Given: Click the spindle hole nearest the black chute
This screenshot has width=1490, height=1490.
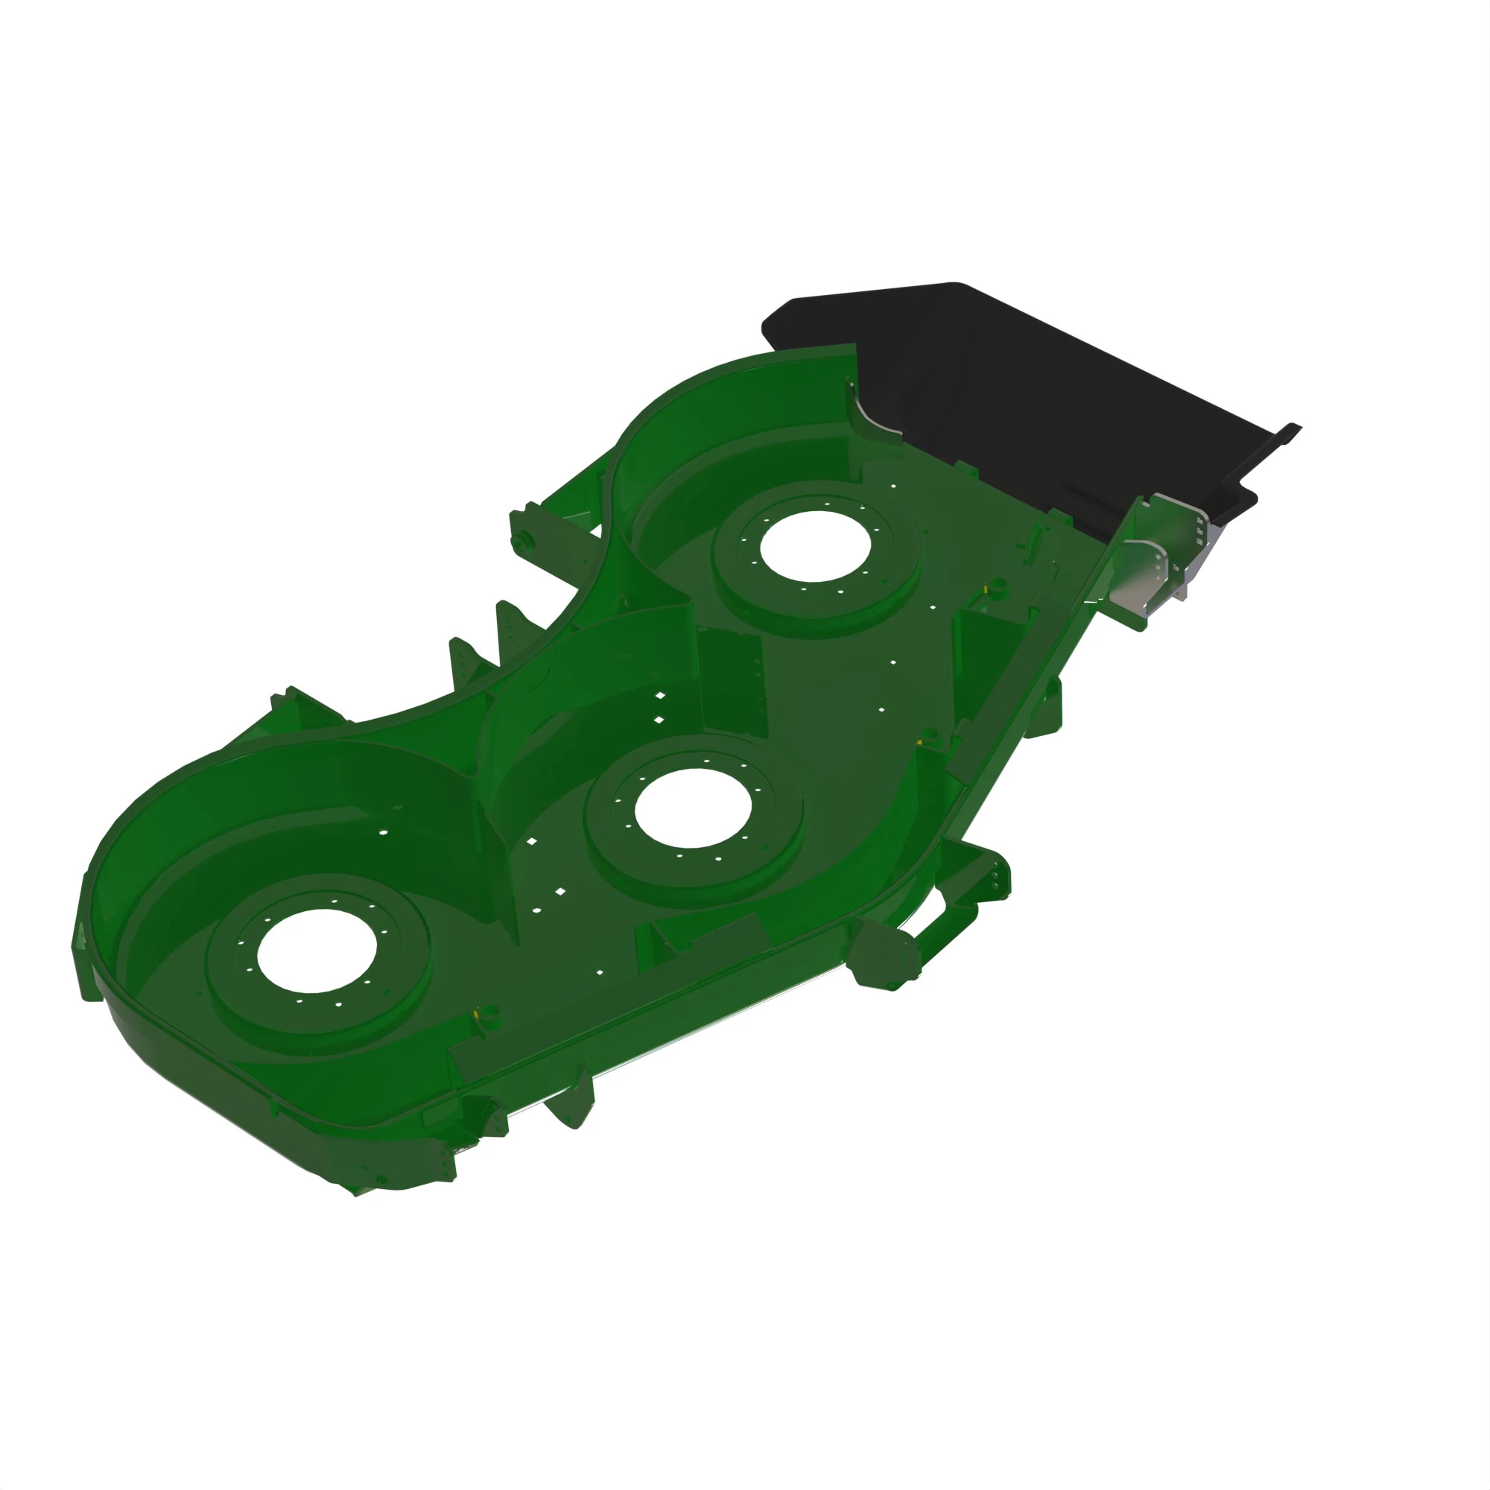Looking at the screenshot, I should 815,545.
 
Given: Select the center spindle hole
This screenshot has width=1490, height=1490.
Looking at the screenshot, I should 693,808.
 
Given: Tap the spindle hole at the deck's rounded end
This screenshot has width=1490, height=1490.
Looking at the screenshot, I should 316,950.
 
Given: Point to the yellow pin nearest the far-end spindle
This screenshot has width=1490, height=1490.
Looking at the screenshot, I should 480,1012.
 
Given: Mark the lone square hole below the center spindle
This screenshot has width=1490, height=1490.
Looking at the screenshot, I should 598,972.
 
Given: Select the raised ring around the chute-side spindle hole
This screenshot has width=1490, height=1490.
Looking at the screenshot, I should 895,586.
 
